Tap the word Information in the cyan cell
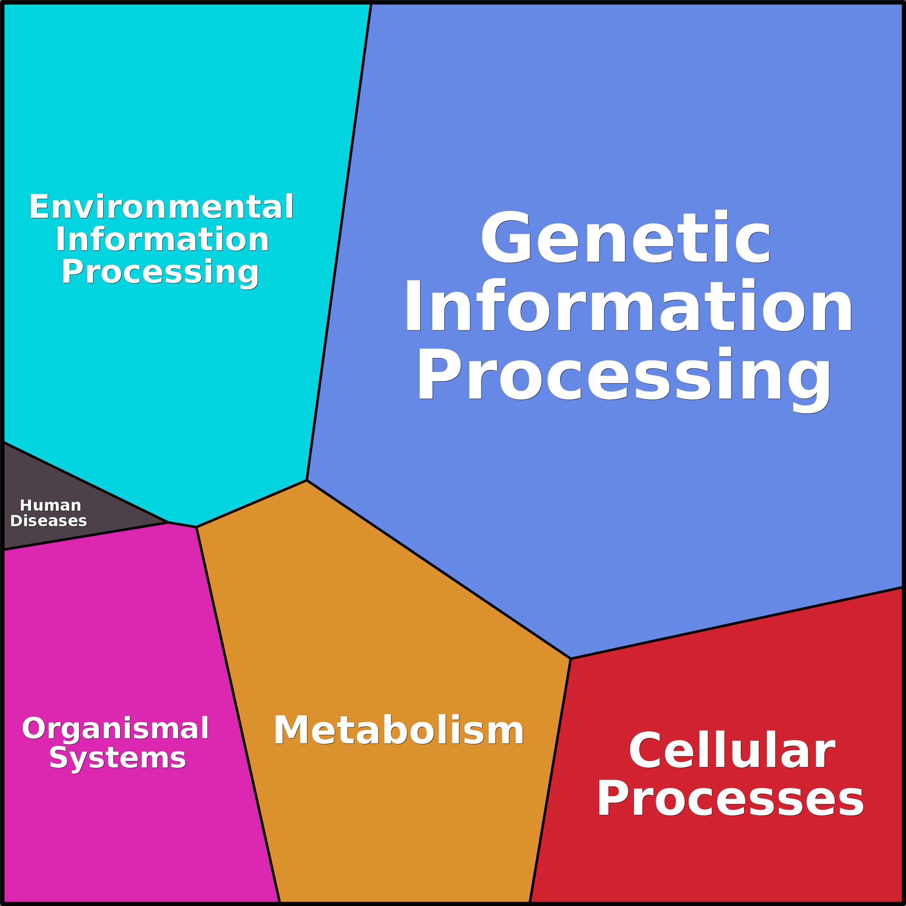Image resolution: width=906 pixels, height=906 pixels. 162,239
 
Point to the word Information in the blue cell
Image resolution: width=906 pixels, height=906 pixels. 628,306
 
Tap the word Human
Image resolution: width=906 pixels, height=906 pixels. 50,506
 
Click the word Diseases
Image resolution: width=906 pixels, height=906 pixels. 49,521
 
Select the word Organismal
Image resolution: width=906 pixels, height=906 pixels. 115,728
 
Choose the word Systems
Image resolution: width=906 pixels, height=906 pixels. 117,758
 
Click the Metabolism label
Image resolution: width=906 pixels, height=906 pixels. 399,731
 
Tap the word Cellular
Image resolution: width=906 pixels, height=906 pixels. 732,751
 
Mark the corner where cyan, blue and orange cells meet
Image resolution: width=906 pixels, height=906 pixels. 307,480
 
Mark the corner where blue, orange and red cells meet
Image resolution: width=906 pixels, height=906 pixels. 571,659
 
